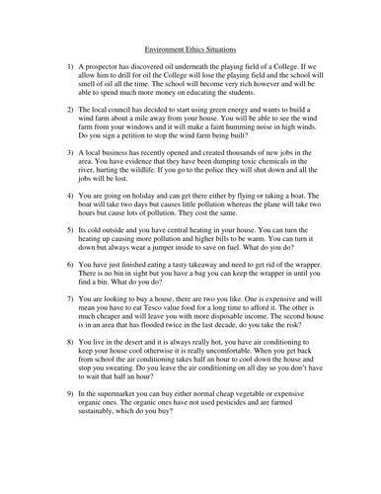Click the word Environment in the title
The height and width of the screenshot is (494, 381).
point(167,46)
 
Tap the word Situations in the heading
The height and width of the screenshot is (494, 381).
point(226,46)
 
